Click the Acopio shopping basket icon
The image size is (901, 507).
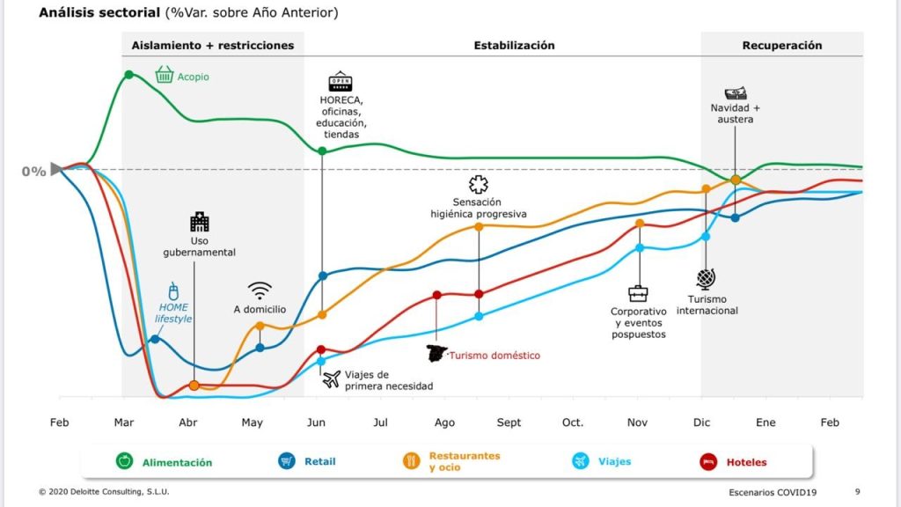coord(164,76)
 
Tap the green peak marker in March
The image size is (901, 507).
coord(129,74)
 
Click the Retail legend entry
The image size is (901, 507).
coord(306,460)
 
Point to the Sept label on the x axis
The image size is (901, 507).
coord(509,422)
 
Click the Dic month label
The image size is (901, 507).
coord(701,422)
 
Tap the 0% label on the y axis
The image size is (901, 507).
coord(33,172)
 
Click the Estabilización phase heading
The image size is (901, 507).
coord(514,45)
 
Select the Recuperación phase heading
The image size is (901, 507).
coord(781,45)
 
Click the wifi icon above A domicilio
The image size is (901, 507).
coord(260,290)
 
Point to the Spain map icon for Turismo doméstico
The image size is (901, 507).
coord(436,354)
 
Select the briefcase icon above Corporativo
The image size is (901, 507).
coord(638,293)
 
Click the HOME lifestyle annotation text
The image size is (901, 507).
coord(173,312)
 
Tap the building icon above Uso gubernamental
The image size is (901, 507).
coord(199,221)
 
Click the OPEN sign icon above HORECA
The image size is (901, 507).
coord(340,82)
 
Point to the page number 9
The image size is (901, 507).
coord(858,491)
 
